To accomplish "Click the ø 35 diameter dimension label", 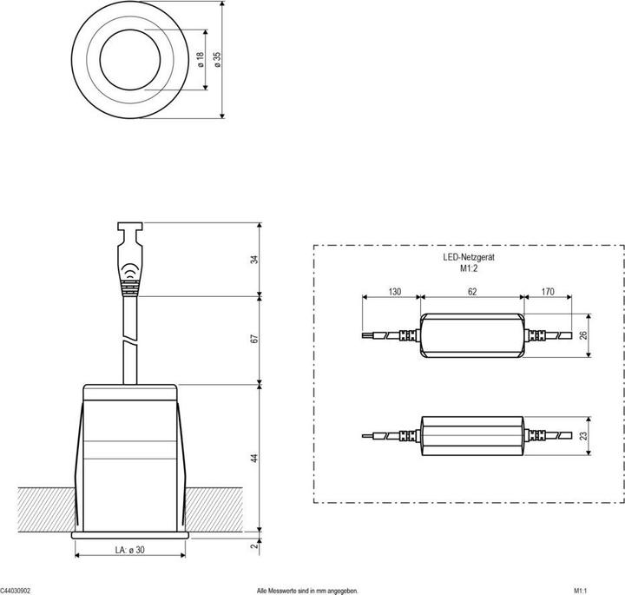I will tap(217, 60).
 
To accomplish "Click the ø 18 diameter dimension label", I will tap(200, 60).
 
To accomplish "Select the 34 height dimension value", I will tap(253, 259).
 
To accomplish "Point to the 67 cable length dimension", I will tap(253, 339).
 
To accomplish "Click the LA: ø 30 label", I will tap(129, 548).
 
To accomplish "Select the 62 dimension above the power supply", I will tap(471, 293).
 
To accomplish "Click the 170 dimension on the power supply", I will tap(547, 293).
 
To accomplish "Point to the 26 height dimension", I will tap(583, 335).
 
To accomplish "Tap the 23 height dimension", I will tap(583, 437).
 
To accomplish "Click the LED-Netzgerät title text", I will tap(469, 258).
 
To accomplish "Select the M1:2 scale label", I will tap(469, 269).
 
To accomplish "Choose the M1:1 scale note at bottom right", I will tap(569, 589).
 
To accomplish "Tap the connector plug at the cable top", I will tap(130, 256).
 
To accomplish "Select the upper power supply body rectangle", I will tap(471, 335).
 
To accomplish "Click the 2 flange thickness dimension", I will tap(253, 545).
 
